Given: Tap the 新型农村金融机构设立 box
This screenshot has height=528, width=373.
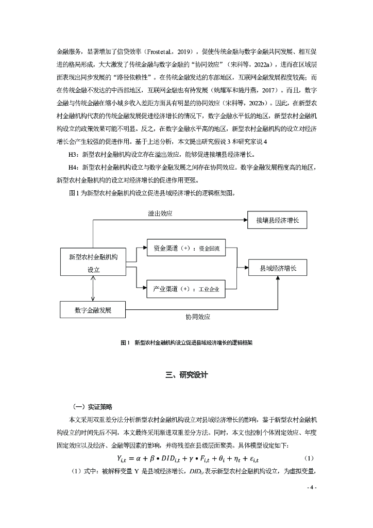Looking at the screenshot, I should click(93, 263).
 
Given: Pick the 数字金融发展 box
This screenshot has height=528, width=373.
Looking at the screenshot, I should click(93, 310).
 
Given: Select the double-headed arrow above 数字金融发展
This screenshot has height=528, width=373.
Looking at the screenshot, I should click(93, 291).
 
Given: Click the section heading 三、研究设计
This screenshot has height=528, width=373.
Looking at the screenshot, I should click(186, 375).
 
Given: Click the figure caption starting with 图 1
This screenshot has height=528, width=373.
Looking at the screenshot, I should click(186, 342).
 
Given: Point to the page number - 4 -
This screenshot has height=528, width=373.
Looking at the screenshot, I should click(312, 487).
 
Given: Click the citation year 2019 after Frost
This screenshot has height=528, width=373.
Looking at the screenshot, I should click(185, 52).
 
